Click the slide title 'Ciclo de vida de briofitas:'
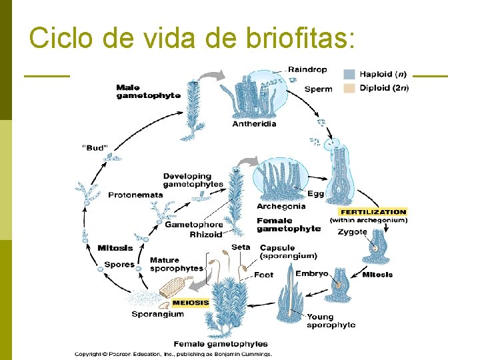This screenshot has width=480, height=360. (x=190, y=38)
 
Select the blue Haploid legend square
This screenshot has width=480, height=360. (x=349, y=75)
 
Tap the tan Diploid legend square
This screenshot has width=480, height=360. (x=349, y=88)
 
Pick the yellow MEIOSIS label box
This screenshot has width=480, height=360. (x=191, y=302)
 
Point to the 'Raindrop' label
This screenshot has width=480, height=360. (x=307, y=69)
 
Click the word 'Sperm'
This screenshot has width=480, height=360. (x=318, y=89)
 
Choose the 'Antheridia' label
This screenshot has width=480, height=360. (x=254, y=123)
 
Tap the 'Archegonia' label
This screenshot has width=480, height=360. (x=281, y=206)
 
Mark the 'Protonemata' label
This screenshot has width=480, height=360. (x=135, y=195)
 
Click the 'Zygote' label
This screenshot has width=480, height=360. (x=352, y=232)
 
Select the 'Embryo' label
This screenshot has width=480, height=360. (x=311, y=273)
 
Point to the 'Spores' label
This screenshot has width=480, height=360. (x=119, y=265)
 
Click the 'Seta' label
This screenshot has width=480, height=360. (x=241, y=247)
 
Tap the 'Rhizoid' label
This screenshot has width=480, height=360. (x=206, y=235)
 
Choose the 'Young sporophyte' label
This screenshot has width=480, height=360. (x=331, y=321)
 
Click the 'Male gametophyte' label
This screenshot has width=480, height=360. (x=148, y=91)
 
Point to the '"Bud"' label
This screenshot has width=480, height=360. (x=94, y=148)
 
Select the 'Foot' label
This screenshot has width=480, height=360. (x=264, y=275)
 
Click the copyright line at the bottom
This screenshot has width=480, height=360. (x=173, y=354)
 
